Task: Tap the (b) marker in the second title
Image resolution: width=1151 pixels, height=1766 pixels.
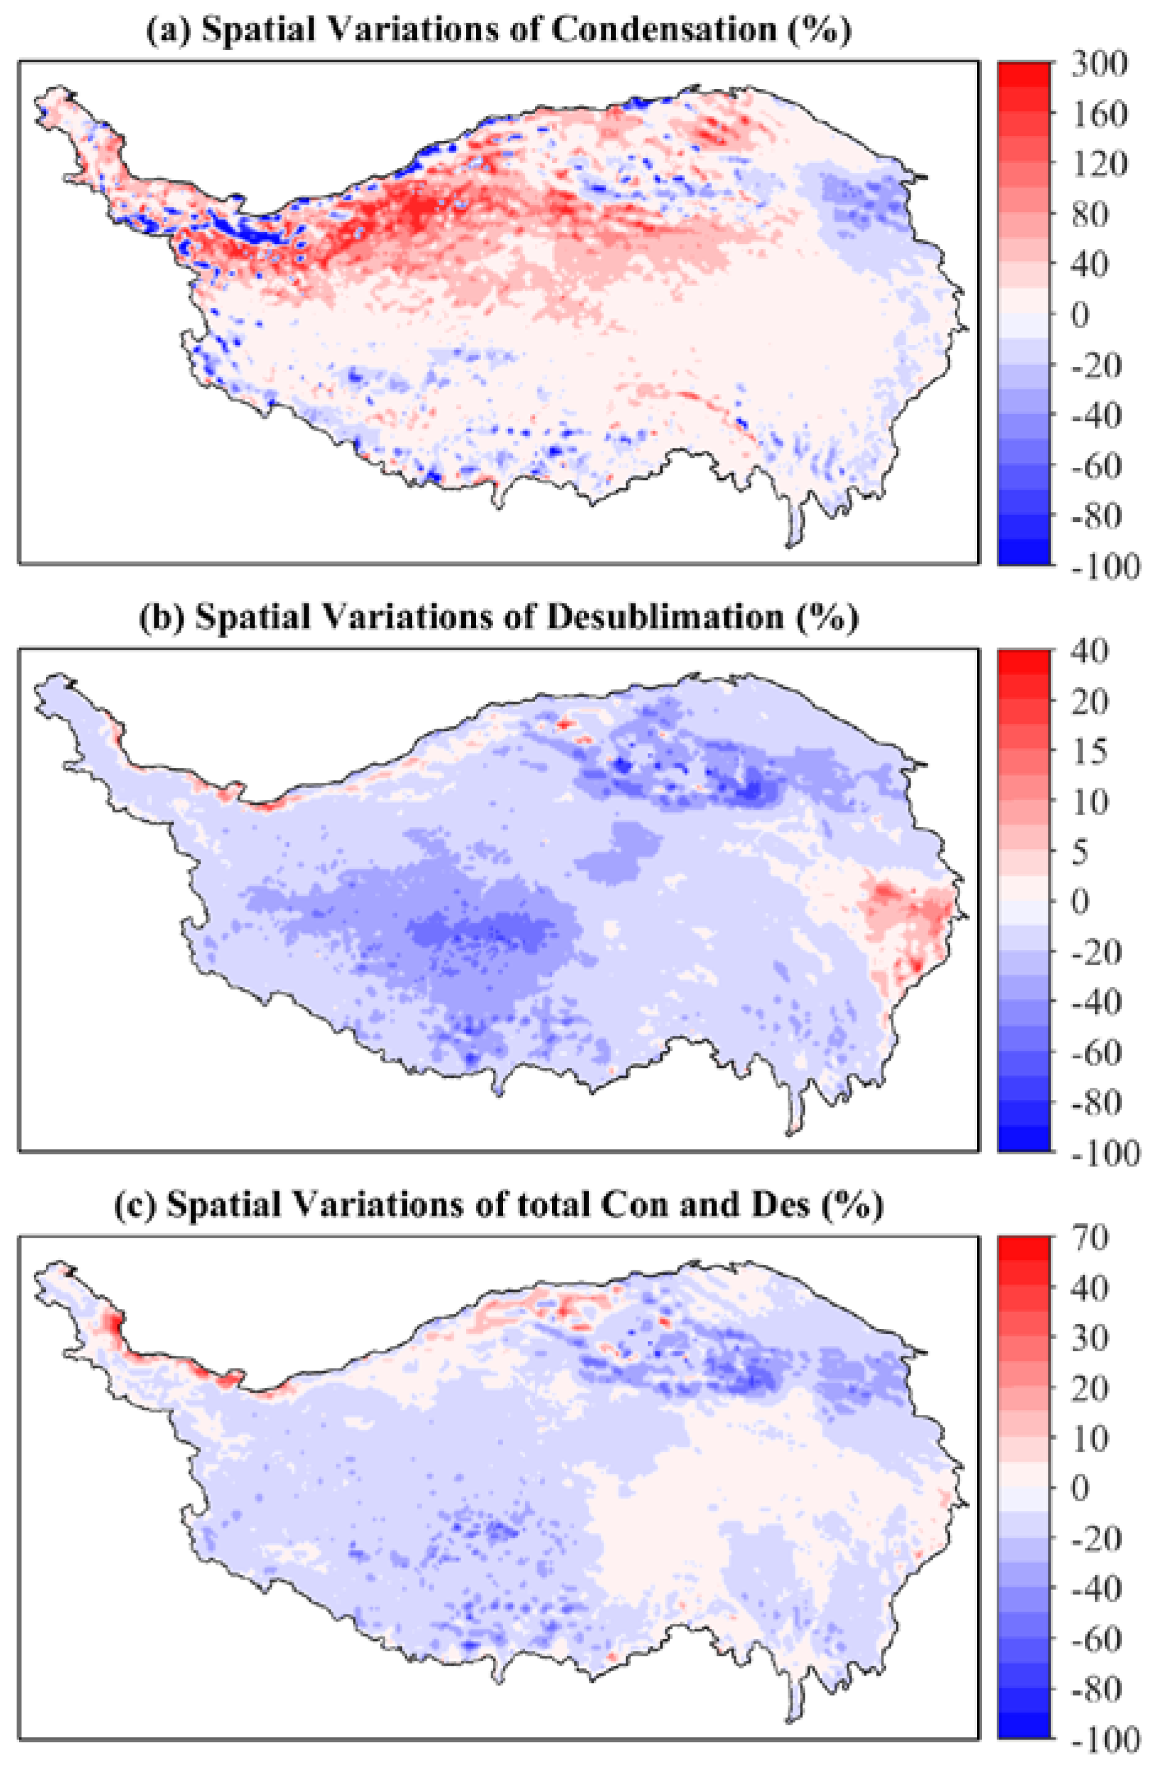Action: [161, 617]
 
